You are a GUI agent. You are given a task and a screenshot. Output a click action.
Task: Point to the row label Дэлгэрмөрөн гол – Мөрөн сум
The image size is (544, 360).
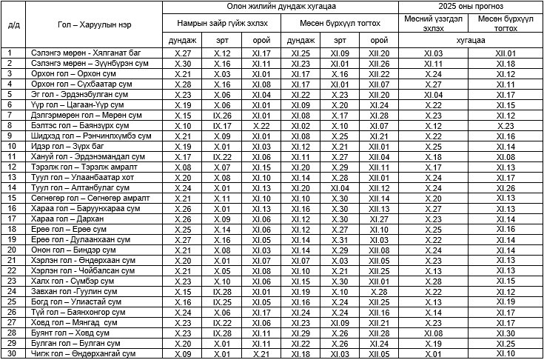(76, 116)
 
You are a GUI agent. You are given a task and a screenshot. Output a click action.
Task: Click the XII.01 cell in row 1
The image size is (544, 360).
(506, 54)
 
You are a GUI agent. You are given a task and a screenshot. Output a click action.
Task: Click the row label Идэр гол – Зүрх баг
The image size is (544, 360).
(62, 147)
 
